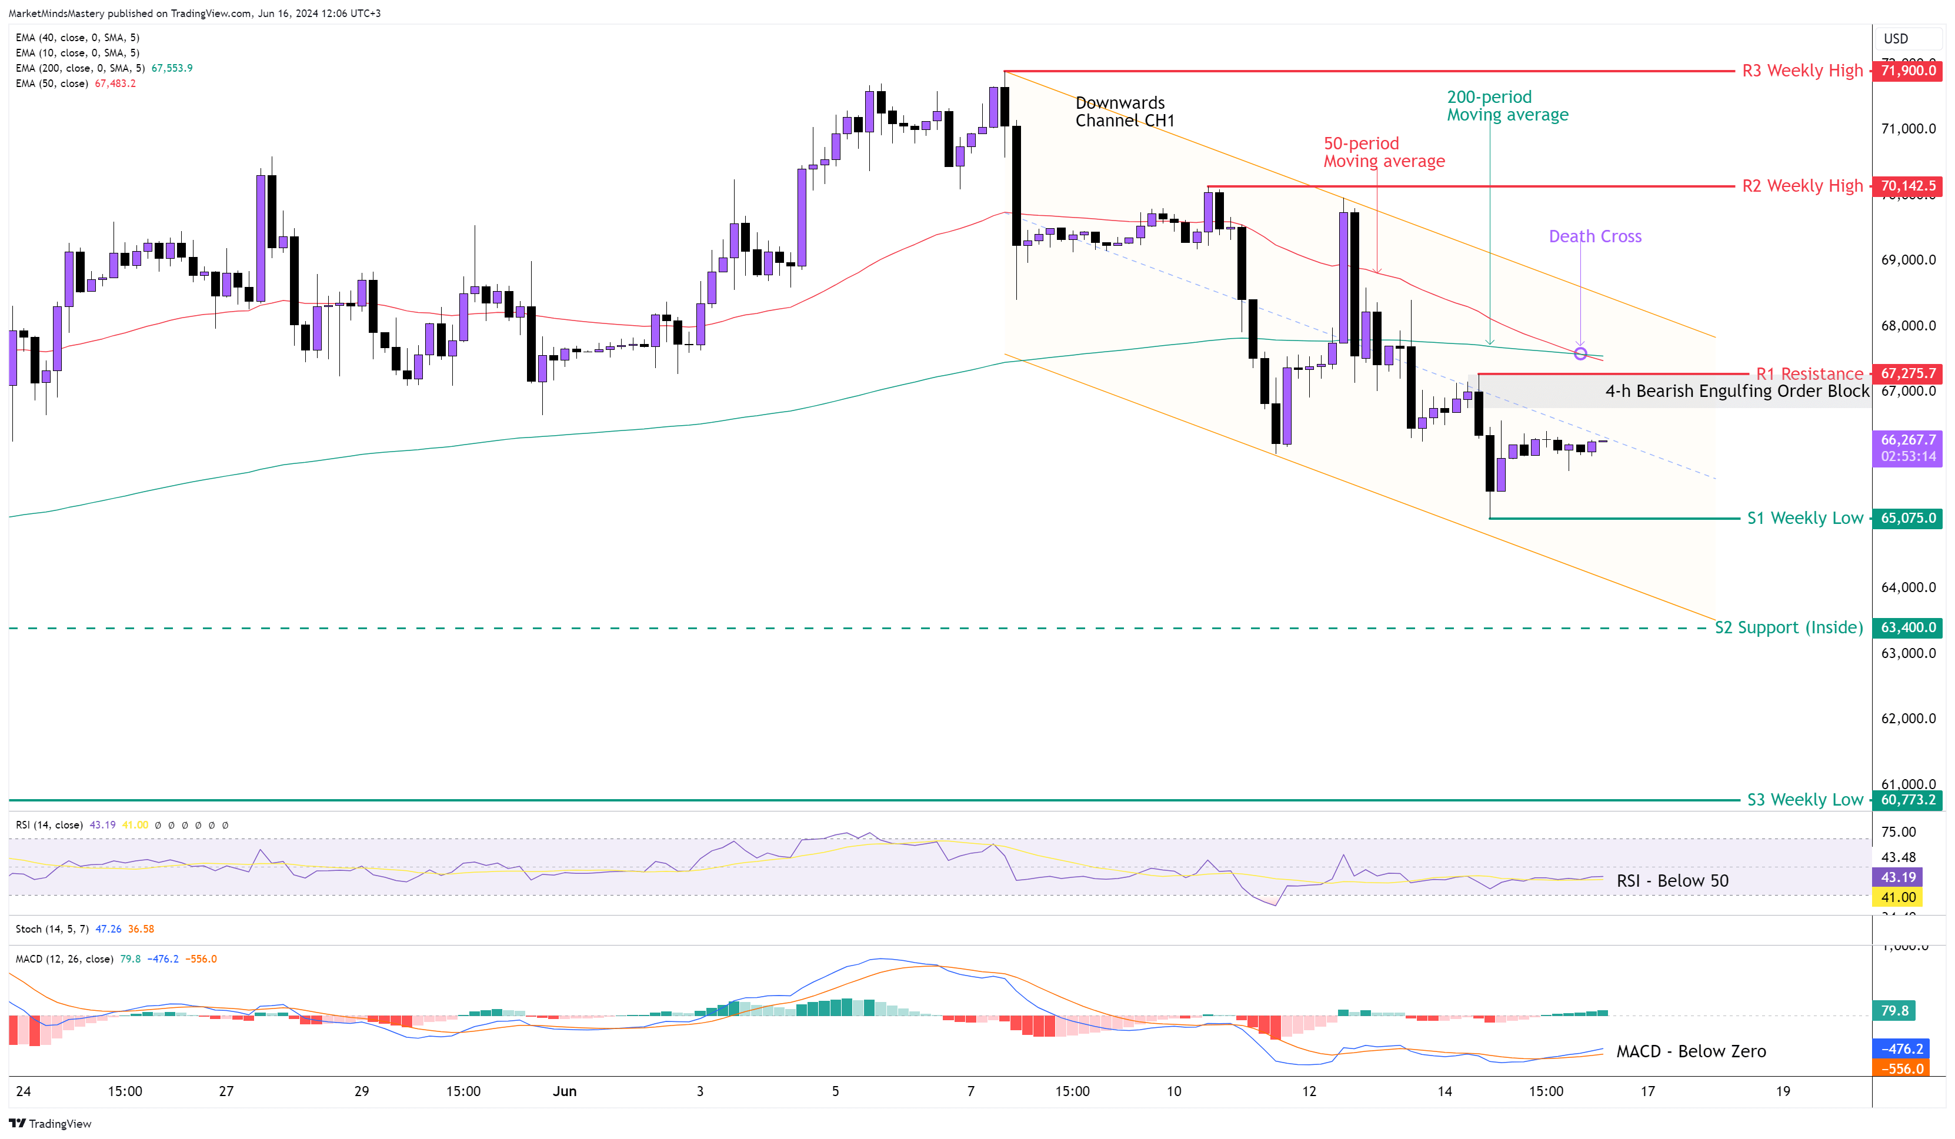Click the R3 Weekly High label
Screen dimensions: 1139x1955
(1801, 71)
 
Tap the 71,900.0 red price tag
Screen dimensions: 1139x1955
(1908, 71)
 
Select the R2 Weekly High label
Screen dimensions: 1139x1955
(1801, 186)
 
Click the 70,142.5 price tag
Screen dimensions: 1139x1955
(1908, 186)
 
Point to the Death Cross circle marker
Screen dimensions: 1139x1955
(1580, 354)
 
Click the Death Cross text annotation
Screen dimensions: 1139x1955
(1594, 236)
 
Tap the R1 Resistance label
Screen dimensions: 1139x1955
(1809, 374)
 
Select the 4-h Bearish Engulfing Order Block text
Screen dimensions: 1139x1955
(1736, 391)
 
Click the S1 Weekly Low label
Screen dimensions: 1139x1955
(1804, 518)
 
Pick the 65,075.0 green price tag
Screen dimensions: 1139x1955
(1908, 518)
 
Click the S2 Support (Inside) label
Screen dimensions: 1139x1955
(1787, 627)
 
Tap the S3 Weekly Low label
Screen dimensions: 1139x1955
(1804, 800)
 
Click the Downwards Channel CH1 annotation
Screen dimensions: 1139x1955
(1124, 112)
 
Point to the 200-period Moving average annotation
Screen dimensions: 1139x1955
(1507, 105)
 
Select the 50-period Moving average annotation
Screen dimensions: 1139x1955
(1383, 152)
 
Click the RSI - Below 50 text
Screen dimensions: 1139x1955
(1672, 881)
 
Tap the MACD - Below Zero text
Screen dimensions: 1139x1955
(1690, 1052)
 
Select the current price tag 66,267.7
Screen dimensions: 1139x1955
(1908, 440)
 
